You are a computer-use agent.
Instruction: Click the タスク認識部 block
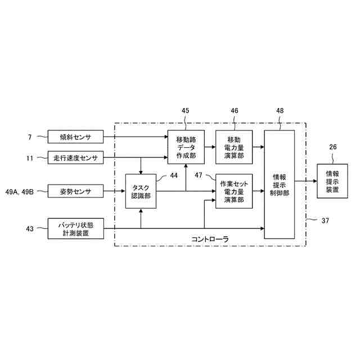140,192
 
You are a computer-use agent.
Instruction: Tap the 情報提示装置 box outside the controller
332,181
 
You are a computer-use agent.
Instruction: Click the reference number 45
186,111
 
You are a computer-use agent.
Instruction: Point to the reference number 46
235,111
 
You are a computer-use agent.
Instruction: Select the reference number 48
280,111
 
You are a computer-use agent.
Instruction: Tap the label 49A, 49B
19,192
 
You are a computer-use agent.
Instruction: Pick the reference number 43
30,228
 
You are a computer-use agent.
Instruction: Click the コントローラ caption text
210,239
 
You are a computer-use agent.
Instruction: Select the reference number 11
30,158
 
